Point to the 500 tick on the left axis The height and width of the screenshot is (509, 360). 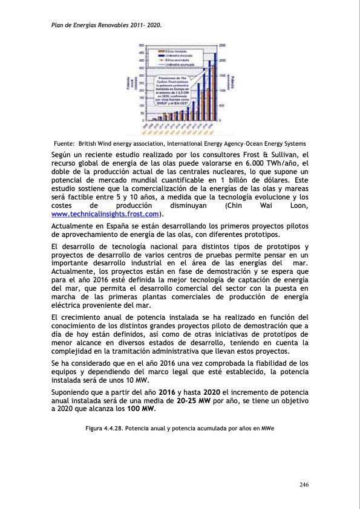click(x=141, y=46)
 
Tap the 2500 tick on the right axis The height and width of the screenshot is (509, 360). click(x=222, y=46)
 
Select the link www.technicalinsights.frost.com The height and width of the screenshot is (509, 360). click(x=106, y=214)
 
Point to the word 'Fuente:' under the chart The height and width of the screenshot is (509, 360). click(x=64, y=143)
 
